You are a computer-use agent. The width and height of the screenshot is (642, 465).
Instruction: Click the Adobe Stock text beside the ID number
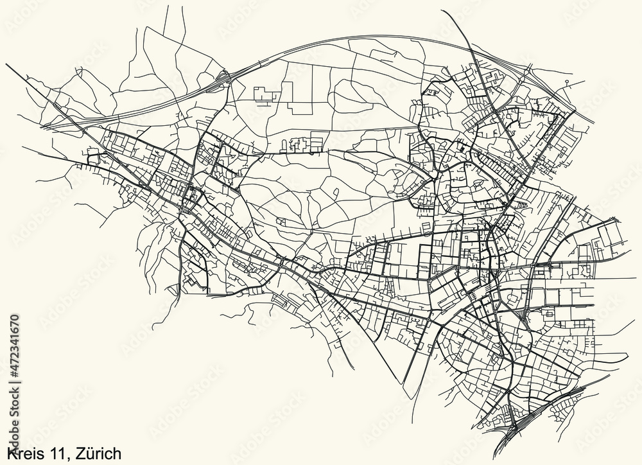point(14,411)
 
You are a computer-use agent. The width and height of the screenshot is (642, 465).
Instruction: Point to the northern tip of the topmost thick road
point(444,11)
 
